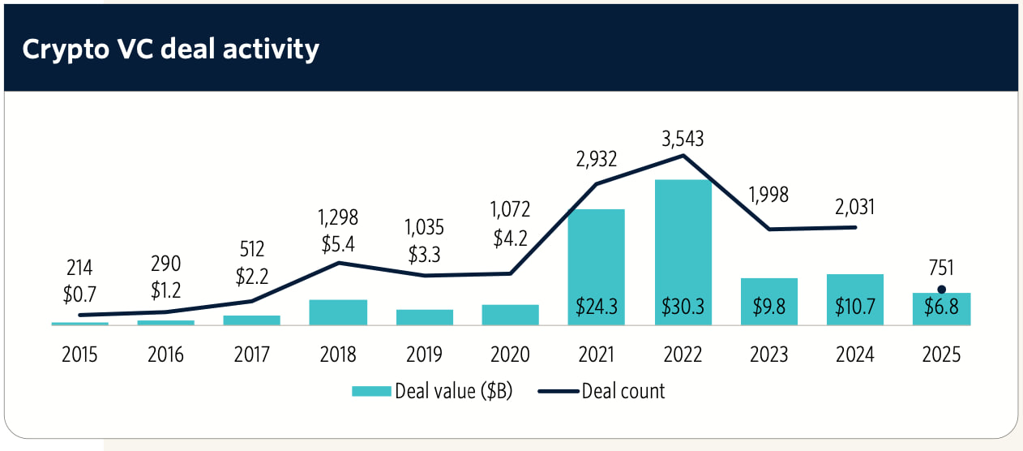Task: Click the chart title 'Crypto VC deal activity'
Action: point(170,49)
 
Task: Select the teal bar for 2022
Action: point(683,243)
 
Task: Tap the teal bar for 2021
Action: point(597,260)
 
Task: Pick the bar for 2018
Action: point(338,312)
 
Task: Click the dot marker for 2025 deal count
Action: point(941,290)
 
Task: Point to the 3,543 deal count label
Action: point(682,139)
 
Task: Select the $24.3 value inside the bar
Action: point(597,307)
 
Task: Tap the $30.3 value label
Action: point(683,307)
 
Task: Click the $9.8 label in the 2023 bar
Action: point(768,307)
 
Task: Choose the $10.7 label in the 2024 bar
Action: point(854,307)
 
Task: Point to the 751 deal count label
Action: point(940,268)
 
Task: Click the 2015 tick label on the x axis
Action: point(80,355)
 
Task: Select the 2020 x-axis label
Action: point(510,355)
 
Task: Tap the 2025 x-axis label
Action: point(940,355)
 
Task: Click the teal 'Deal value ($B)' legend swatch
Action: point(371,391)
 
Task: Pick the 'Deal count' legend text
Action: point(623,391)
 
